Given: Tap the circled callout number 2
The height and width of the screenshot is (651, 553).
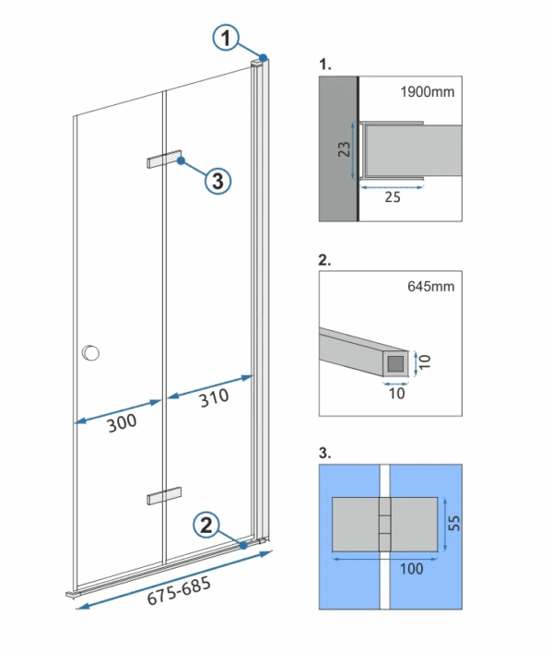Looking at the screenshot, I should pyautogui.click(x=206, y=526).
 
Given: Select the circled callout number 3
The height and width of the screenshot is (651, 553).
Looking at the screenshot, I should pyautogui.click(x=218, y=181).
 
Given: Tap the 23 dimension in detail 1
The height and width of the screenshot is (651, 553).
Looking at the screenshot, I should pyautogui.click(x=344, y=150).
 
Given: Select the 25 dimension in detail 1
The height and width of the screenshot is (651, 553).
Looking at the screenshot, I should pyautogui.click(x=393, y=196).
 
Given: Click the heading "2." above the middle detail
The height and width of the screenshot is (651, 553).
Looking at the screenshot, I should pyautogui.click(x=324, y=261).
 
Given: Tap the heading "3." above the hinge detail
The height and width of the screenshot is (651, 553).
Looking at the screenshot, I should pyautogui.click(x=324, y=455).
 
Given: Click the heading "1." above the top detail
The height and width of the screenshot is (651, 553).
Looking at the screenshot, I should pyautogui.click(x=324, y=66).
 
